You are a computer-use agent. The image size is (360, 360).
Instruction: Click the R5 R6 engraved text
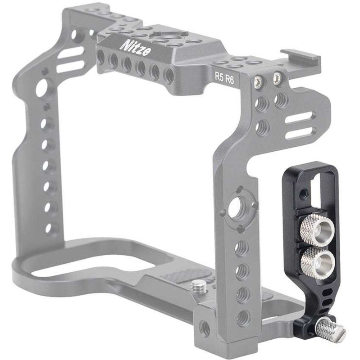(x=224, y=78)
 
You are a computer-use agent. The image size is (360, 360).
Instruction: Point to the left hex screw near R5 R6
(x=259, y=81)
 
